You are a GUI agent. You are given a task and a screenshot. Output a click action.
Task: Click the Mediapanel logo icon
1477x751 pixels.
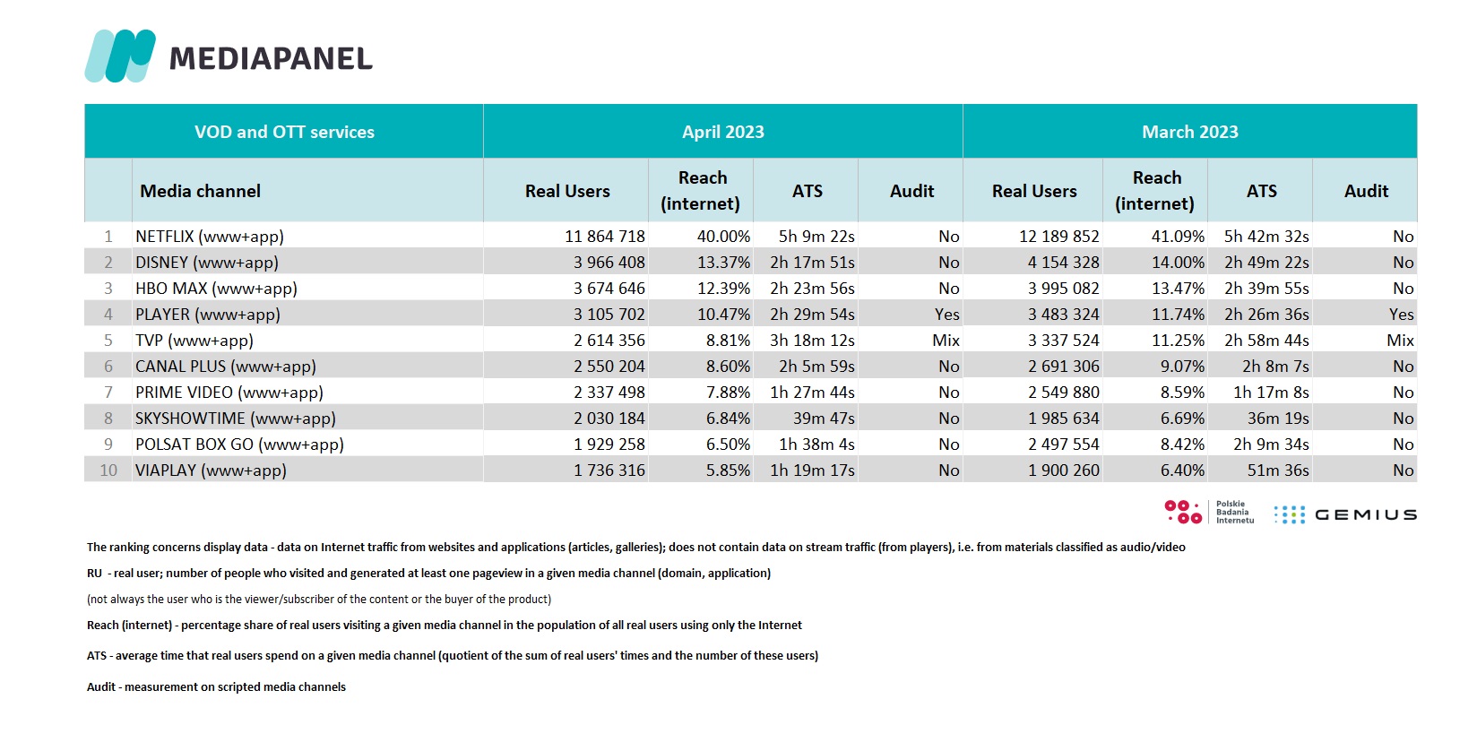pyautogui.click(x=120, y=56)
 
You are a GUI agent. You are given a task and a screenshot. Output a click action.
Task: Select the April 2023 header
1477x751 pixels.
pyautogui.click(x=722, y=132)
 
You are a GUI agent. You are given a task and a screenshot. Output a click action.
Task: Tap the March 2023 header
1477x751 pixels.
pyautogui.click(x=1190, y=132)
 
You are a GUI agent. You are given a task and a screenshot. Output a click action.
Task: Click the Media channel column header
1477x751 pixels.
pyautogui.click(x=200, y=191)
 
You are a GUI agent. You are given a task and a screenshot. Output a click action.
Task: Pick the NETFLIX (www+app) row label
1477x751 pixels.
pyautogui.click(x=210, y=236)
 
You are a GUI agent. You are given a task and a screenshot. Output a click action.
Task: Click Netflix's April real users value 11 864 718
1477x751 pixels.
pyautogui.click(x=605, y=236)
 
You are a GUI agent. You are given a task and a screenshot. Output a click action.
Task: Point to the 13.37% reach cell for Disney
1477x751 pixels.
pyautogui.click(x=723, y=263)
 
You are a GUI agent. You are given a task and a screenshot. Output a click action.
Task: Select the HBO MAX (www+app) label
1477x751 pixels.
pyautogui.click(x=216, y=289)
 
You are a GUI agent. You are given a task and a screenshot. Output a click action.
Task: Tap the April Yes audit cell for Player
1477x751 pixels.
pyautogui.click(x=946, y=315)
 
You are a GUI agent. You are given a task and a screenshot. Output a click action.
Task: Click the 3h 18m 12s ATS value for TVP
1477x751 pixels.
pyautogui.click(x=812, y=341)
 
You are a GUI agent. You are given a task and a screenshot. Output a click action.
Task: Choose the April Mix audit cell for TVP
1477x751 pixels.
pyautogui.click(x=946, y=341)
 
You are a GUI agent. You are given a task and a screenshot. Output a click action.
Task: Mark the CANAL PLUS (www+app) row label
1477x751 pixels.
pyautogui.click(x=226, y=366)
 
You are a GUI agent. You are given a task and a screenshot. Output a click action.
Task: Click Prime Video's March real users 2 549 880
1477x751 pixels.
pyautogui.click(x=1064, y=393)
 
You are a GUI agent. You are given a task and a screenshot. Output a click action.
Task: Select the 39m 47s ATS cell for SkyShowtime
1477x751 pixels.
pyautogui.click(x=824, y=418)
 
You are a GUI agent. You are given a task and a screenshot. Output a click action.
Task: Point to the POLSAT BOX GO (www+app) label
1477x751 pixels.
pyautogui.click(x=239, y=445)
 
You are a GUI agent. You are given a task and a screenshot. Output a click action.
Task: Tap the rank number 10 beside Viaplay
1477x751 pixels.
pyautogui.click(x=108, y=470)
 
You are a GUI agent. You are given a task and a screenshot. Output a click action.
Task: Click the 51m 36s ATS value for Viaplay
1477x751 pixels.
pyautogui.click(x=1278, y=470)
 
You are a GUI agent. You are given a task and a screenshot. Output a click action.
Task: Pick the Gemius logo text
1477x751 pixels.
pyautogui.click(x=1366, y=515)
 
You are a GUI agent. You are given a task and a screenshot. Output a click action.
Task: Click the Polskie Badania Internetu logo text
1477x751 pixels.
pyautogui.click(x=1235, y=512)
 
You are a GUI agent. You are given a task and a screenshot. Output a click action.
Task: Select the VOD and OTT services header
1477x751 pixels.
pyautogui.click(x=284, y=132)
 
